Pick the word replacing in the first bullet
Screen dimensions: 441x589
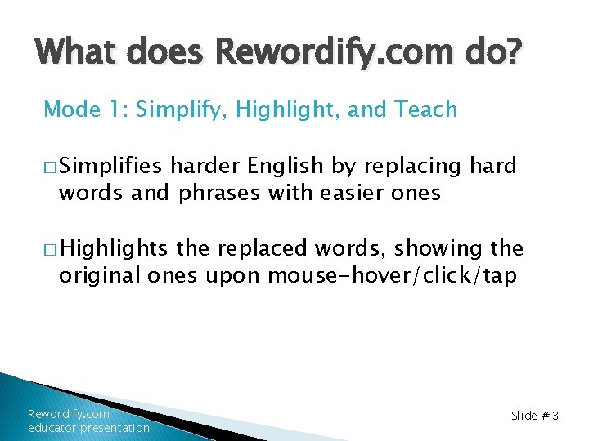pyautogui.click(x=405, y=167)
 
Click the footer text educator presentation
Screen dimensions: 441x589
pyautogui.click(x=88, y=428)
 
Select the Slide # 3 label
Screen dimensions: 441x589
pyautogui.click(x=534, y=416)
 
